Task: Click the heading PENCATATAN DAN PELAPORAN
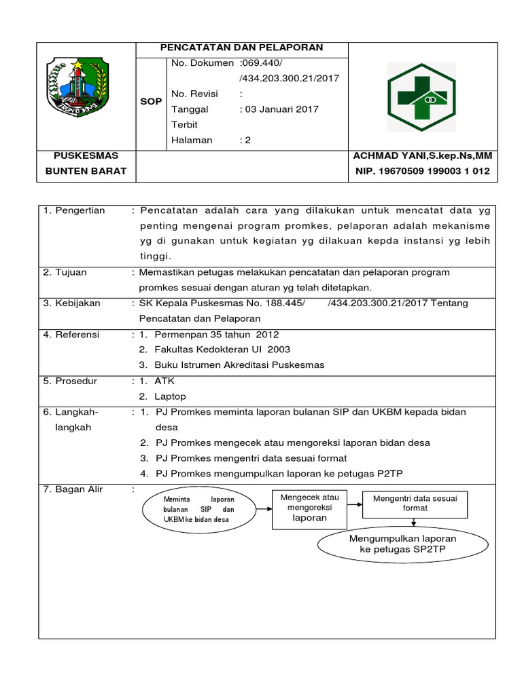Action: click(x=242, y=48)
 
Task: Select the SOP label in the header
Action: click(x=151, y=101)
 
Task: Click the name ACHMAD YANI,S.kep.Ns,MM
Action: click(x=422, y=156)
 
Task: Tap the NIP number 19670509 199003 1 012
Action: click(x=422, y=171)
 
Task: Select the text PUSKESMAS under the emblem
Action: click(x=86, y=156)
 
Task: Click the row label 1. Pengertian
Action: click(x=75, y=210)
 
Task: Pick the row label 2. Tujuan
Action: click(x=65, y=272)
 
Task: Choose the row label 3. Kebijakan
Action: click(x=72, y=303)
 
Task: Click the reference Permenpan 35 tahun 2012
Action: click(x=217, y=335)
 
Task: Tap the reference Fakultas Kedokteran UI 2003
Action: click(x=222, y=350)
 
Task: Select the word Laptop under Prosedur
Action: click(x=170, y=396)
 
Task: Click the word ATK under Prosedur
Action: click(x=164, y=381)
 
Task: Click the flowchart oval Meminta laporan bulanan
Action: click(x=198, y=509)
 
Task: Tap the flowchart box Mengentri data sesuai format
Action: click(x=415, y=503)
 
